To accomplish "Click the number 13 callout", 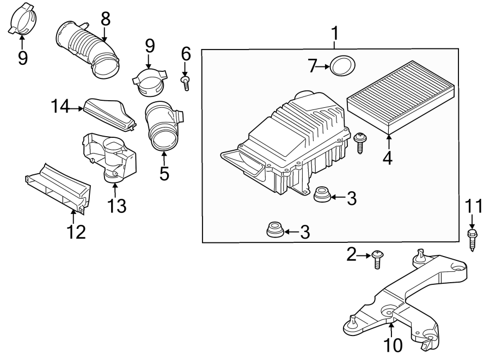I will [117, 205].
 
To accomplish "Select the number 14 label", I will [62, 107].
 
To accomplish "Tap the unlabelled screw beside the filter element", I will [360, 143].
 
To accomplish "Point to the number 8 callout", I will [105, 18].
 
